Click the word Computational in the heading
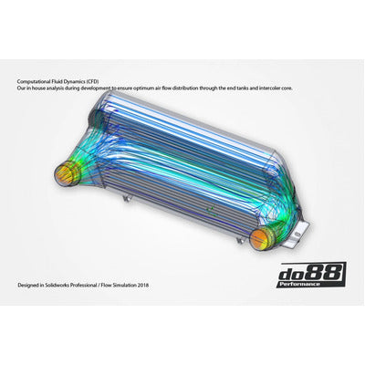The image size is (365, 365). pyautogui.click(x=34, y=79)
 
